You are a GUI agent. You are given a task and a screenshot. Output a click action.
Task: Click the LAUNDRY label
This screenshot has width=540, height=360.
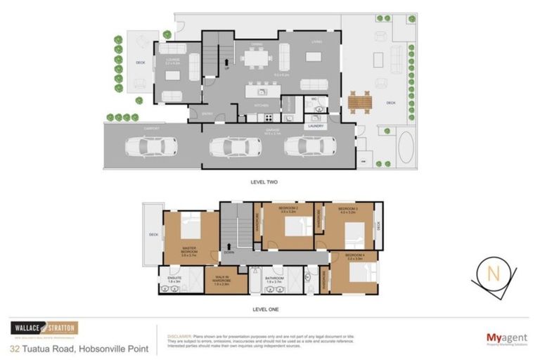click(x=316, y=126)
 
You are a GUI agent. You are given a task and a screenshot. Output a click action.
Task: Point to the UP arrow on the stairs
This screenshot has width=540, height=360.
click(x=226, y=67)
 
